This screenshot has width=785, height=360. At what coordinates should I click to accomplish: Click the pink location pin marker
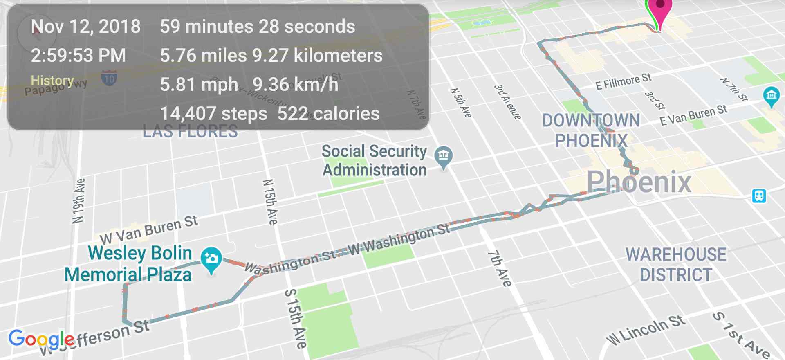click(660, 7)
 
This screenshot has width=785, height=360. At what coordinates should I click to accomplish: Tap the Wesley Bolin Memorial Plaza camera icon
click(211, 259)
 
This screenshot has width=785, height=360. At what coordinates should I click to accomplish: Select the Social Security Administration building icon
click(444, 156)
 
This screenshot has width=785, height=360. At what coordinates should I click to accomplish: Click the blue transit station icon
click(759, 196)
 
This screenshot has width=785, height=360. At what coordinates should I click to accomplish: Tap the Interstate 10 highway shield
click(109, 78)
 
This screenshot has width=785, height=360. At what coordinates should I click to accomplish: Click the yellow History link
click(52, 81)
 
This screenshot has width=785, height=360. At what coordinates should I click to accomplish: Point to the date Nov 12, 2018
click(86, 27)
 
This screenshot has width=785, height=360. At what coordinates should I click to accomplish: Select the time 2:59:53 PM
click(78, 56)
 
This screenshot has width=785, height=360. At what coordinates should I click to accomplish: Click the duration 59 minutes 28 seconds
click(258, 27)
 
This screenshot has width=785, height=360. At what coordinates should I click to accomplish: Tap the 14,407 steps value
click(213, 114)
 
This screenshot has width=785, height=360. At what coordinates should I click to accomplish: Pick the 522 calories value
click(328, 114)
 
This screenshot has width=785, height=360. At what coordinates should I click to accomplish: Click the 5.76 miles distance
click(203, 56)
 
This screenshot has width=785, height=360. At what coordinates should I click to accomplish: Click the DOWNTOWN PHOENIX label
click(591, 130)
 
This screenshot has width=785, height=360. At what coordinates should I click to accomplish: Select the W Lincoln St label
click(646, 330)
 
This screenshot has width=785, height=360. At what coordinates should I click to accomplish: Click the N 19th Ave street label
click(78, 201)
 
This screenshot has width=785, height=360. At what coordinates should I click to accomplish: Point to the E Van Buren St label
click(693, 115)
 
